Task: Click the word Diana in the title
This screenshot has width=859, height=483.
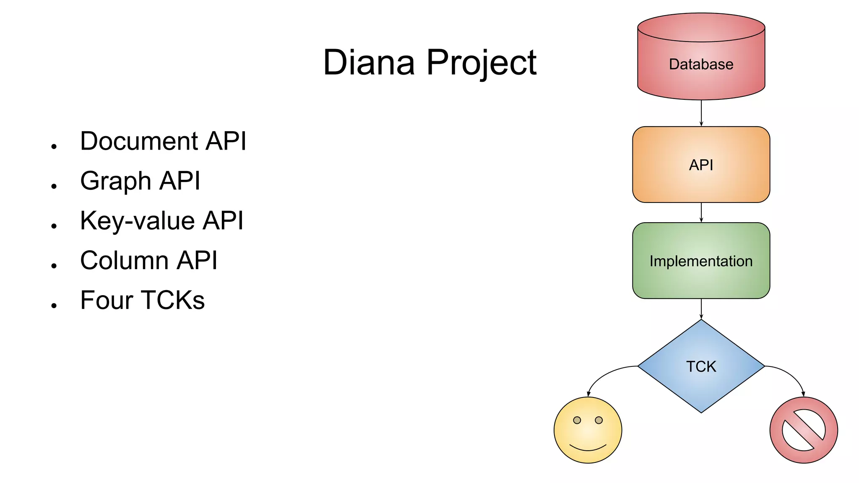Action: (x=369, y=62)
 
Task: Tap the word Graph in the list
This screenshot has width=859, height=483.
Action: (x=116, y=181)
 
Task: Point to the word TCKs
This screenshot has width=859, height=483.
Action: (x=172, y=300)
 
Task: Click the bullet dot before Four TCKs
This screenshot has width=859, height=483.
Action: (x=54, y=306)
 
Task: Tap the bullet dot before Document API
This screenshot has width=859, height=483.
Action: (x=54, y=146)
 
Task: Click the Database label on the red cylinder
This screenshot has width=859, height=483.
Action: (x=701, y=65)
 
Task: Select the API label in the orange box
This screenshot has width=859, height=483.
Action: (x=701, y=165)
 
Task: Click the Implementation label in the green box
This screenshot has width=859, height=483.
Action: (x=701, y=261)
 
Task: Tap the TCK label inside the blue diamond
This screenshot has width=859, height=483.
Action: (x=701, y=366)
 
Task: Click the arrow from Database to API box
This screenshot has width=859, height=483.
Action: (x=701, y=113)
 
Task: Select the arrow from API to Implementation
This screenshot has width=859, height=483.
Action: (x=701, y=212)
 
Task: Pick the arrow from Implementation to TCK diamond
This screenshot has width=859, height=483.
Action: (x=701, y=309)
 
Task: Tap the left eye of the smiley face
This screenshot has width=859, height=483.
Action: (x=577, y=420)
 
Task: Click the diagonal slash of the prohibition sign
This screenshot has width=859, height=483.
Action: (x=804, y=430)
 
